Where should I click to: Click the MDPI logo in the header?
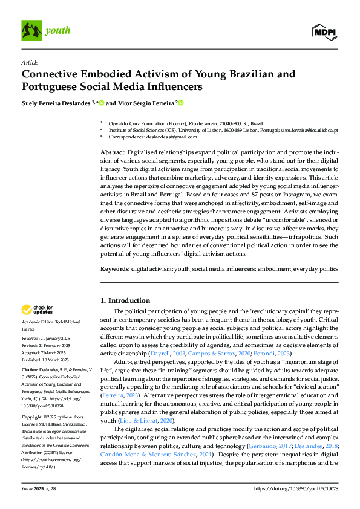point(326,30)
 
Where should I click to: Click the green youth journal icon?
point(31,30)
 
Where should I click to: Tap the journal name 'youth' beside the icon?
point(59,30)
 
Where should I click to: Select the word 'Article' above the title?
point(29,62)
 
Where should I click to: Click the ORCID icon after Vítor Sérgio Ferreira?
point(180,103)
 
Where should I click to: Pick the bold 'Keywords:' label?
point(115,268)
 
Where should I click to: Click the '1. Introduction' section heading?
point(125,300)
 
